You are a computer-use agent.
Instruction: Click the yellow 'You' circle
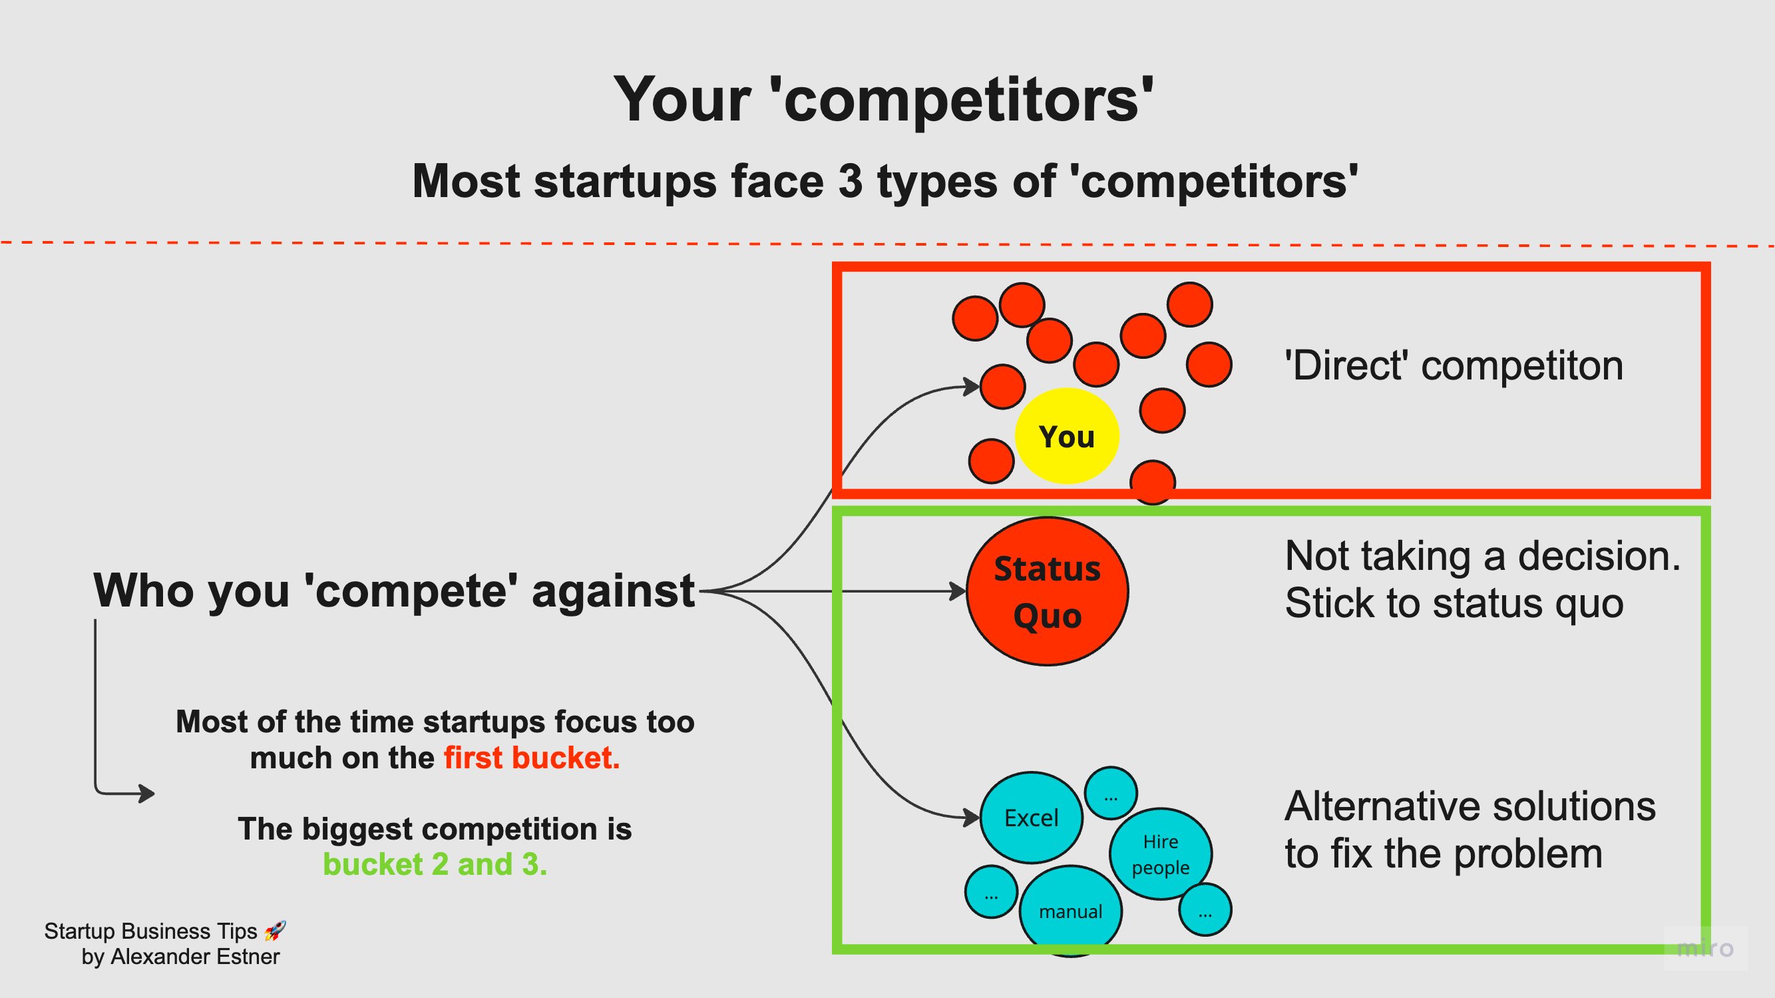tap(1067, 435)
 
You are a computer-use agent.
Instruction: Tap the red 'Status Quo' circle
tap(1047, 591)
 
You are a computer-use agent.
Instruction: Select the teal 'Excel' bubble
tap(1031, 818)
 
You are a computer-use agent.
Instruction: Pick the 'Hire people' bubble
tap(1160, 854)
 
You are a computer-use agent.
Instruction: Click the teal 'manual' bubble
tap(1070, 911)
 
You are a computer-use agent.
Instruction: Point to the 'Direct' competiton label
tap(1454, 366)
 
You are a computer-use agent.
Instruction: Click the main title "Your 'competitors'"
tap(884, 100)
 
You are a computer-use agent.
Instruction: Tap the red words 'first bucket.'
tap(531, 758)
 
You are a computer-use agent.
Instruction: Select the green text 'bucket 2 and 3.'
tap(435, 864)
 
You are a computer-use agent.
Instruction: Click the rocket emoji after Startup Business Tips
tap(275, 931)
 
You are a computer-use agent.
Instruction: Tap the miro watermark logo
tap(1704, 948)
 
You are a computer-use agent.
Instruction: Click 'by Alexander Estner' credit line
tap(180, 957)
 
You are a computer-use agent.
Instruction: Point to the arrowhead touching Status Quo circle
tap(958, 591)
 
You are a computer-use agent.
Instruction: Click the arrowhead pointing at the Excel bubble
tap(972, 818)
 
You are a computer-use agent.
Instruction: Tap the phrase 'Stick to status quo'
tap(1454, 604)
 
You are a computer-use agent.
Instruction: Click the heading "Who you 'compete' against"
tap(393, 591)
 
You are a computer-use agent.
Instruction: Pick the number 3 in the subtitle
tap(851, 181)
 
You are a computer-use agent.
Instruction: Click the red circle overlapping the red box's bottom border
tap(1152, 482)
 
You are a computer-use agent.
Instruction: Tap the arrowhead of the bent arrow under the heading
tap(147, 794)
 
